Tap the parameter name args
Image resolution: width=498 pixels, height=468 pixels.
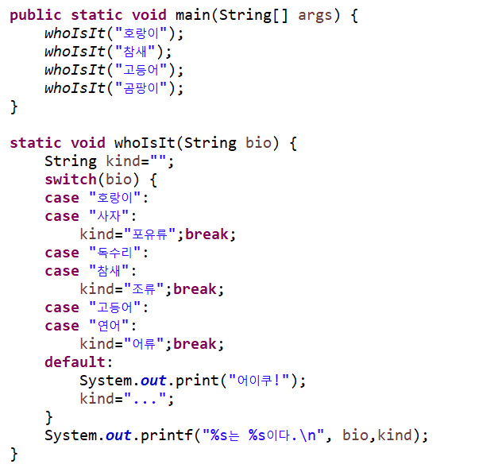coord(315,15)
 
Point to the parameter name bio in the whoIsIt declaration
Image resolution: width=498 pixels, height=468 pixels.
coord(259,143)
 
